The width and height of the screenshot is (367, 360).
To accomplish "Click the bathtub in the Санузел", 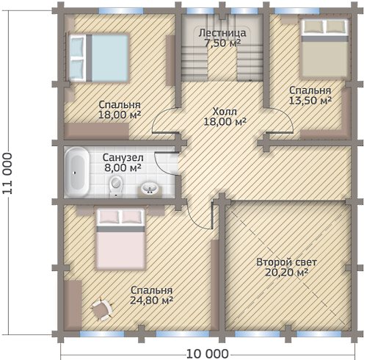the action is pos(77,172).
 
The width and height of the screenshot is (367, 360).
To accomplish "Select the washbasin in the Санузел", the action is pos(150,190).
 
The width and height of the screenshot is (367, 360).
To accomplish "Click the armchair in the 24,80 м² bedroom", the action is pos(101,309).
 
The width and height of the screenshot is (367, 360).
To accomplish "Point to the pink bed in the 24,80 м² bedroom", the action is pos(120,240).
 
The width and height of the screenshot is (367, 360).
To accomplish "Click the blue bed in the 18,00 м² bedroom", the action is pos(98,58).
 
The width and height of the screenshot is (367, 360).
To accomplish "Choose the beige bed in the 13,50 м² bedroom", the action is pos(324,48).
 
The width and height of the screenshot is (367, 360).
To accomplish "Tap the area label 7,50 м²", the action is pos(222,43).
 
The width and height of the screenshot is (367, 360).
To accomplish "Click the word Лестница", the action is pos(222,33).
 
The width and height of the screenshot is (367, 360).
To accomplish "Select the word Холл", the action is pos(225,112).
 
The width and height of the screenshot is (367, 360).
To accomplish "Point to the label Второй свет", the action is pos(286,262).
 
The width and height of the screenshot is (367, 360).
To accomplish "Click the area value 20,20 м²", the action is pos(286,273).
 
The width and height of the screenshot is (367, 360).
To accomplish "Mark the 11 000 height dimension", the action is pos(7,173).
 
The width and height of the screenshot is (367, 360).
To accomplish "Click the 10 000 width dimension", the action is pos(208,354).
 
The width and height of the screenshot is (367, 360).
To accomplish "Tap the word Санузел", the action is pos(123,158).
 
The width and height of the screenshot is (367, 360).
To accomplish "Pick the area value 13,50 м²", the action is pos(310,101).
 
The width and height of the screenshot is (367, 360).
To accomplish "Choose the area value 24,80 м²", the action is pos(151,300).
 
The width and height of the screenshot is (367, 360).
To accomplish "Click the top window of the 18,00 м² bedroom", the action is pos(121,11).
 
